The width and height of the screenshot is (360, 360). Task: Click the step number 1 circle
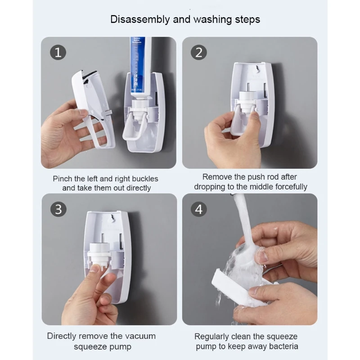(x=58, y=52)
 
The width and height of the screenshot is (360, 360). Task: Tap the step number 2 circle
(x=199, y=52)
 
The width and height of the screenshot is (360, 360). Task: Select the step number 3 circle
(x=58, y=209)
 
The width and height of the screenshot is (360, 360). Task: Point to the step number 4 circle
(x=199, y=209)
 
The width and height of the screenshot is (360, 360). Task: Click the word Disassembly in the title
(x=140, y=19)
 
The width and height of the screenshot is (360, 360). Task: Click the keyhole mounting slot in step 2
(x=257, y=68)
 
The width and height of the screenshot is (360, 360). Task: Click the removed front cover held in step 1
(x=94, y=108)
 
